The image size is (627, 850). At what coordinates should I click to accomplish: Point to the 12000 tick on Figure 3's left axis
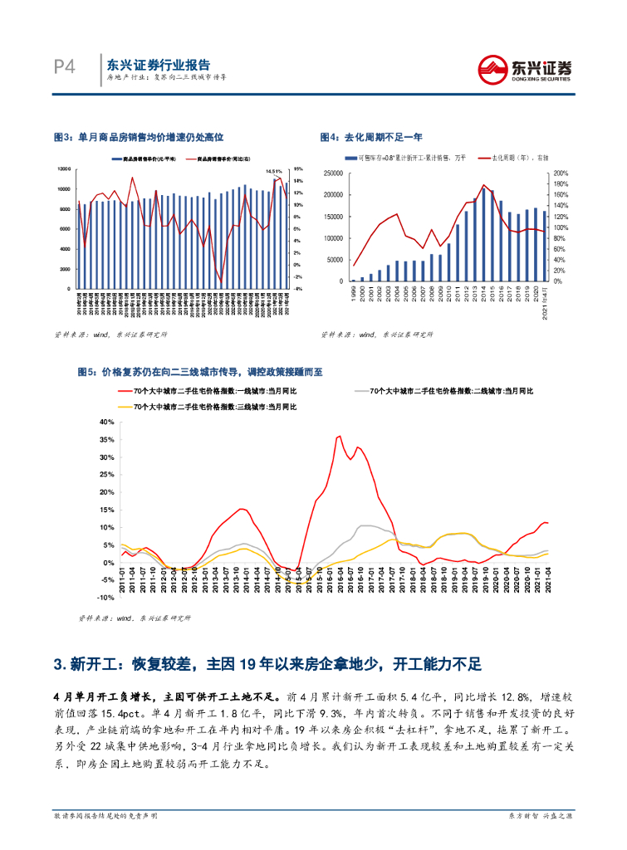point(63,169)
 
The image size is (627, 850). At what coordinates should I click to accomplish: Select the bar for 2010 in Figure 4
point(448,261)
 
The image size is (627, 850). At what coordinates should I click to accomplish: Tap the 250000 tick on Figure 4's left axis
point(332,173)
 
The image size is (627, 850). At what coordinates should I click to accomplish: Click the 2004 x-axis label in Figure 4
point(396,294)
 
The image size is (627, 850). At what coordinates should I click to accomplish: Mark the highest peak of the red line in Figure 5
point(339,436)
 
